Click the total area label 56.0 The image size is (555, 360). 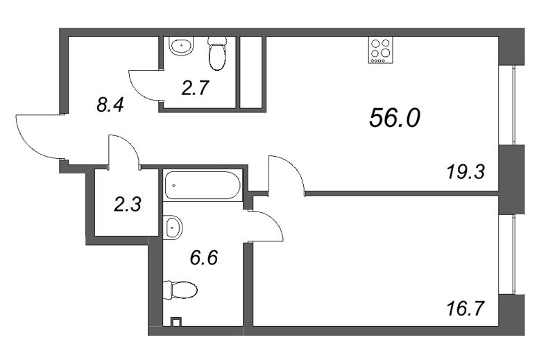pyautogui.click(x=395, y=119)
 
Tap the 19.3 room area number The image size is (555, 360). pyautogui.click(x=466, y=171)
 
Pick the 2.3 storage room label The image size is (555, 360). pyautogui.click(x=128, y=204)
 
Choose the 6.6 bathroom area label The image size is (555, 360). pyautogui.click(x=204, y=258)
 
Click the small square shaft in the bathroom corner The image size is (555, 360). pyautogui.click(x=176, y=321)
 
